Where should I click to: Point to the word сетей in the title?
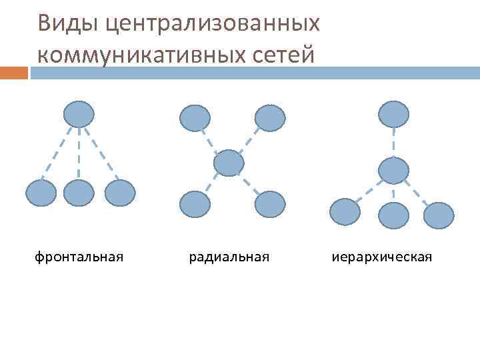(x=284, y=54)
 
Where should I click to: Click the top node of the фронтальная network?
(x=79, y=113)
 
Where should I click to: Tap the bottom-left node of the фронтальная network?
(x=41, y=193)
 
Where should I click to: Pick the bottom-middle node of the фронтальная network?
(x=79, y=193)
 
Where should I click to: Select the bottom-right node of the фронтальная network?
(x=120, y=193)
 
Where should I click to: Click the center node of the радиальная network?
(x=229, y=163)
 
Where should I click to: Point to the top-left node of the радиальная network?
(x=195, y=118)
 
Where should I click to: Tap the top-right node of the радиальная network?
(x=270, y=118)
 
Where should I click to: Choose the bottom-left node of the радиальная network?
(x=195, y=204)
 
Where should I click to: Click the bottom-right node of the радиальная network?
(x=270, y=204)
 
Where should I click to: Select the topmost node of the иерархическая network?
(x=393, y=114)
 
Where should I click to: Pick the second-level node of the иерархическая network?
(x=393, y=171)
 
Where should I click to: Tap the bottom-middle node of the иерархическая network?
(x=393, y=215)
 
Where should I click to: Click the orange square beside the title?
(x=14, y=73)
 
